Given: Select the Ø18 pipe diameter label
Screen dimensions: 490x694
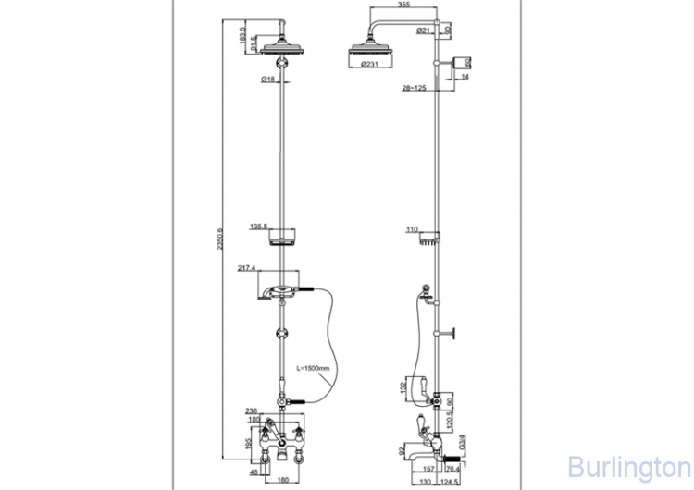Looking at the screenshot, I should point(267,80).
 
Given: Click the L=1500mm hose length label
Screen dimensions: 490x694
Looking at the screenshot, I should point(313,367).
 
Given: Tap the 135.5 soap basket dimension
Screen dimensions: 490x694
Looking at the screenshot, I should point(259,226).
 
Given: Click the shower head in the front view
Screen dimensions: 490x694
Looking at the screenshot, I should point(281,45).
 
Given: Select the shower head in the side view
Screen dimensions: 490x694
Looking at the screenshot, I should point(366,50).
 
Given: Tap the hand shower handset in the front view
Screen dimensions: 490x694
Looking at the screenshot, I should point(278,290).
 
